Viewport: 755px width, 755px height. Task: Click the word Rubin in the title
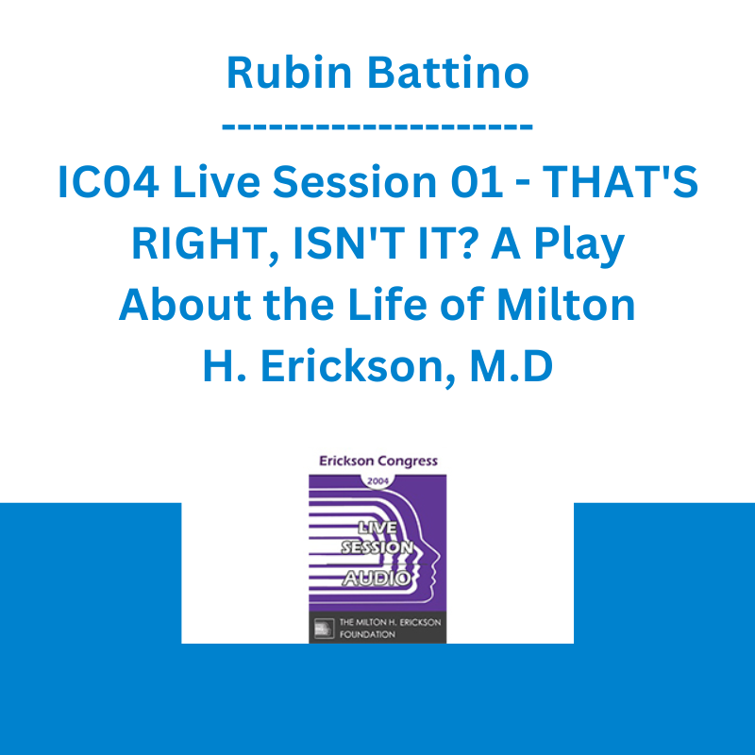tap(289, 73)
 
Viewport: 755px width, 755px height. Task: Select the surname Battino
tap(448, 73)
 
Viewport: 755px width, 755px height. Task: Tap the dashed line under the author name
tap(377, 127)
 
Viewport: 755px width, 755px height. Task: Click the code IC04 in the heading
tap(109, 181)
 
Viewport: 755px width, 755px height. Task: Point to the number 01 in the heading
tap(478, 181)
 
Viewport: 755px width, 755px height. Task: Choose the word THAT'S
tap(620, 181)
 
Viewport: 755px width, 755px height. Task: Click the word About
tap(185, 305)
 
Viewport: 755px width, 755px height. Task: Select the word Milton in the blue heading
tap(565, 304)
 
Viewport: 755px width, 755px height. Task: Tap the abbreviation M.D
tap(512, 366)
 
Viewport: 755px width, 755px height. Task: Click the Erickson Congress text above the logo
tap(378, 461)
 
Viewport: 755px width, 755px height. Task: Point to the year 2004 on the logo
tap(378, 481)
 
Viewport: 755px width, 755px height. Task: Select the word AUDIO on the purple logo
tap(377, 579)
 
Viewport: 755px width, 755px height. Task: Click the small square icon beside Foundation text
tap(324, 629)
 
